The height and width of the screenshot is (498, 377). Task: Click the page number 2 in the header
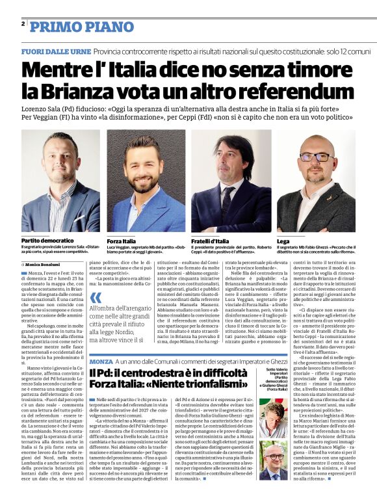[23, 24]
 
